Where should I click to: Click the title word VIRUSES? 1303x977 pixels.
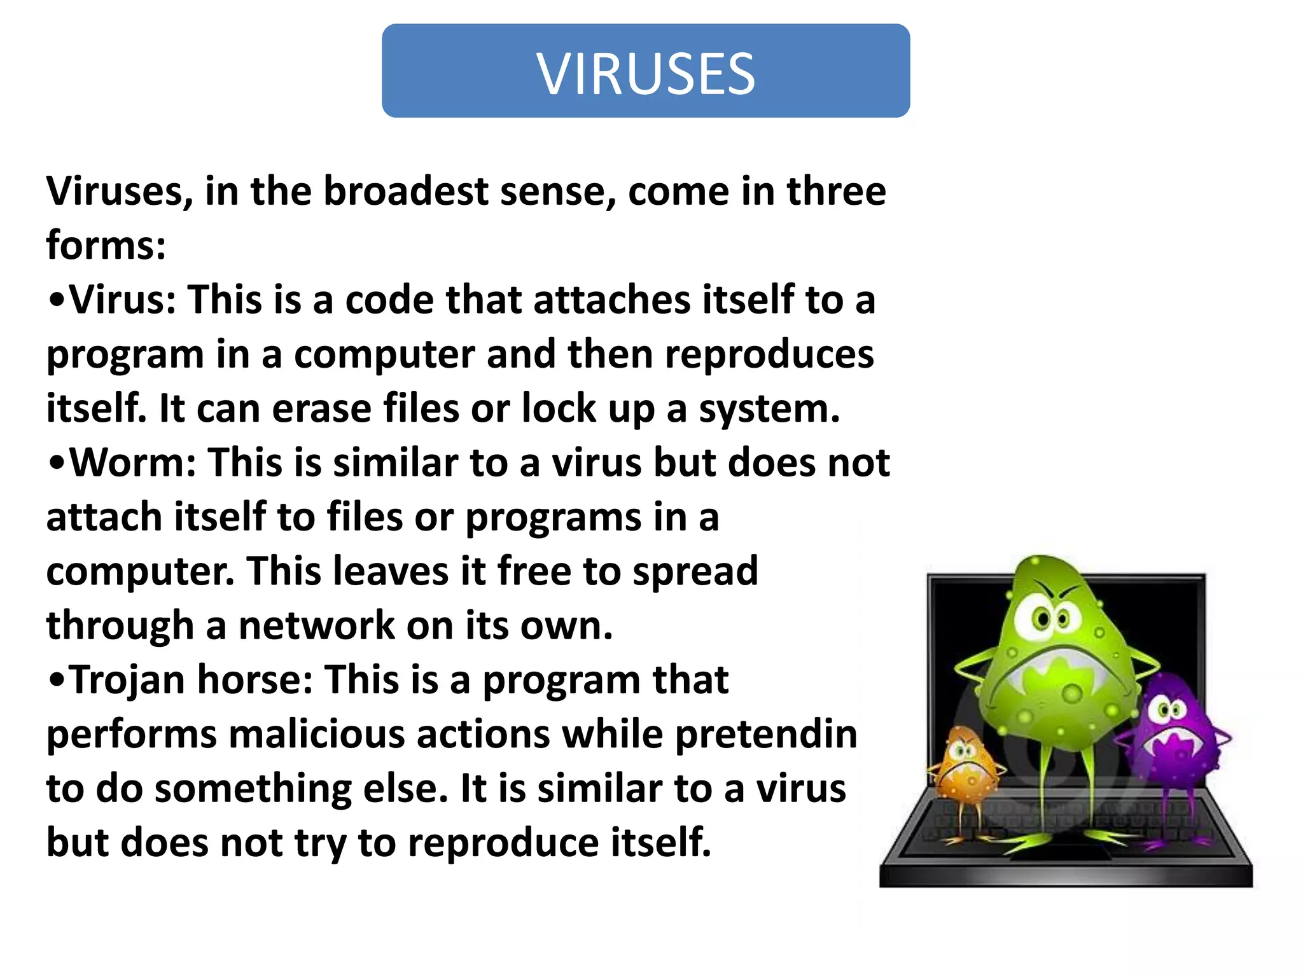(646, 74)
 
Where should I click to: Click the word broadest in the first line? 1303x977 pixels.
(406, 191)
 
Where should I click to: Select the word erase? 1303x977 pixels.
(322, 408)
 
